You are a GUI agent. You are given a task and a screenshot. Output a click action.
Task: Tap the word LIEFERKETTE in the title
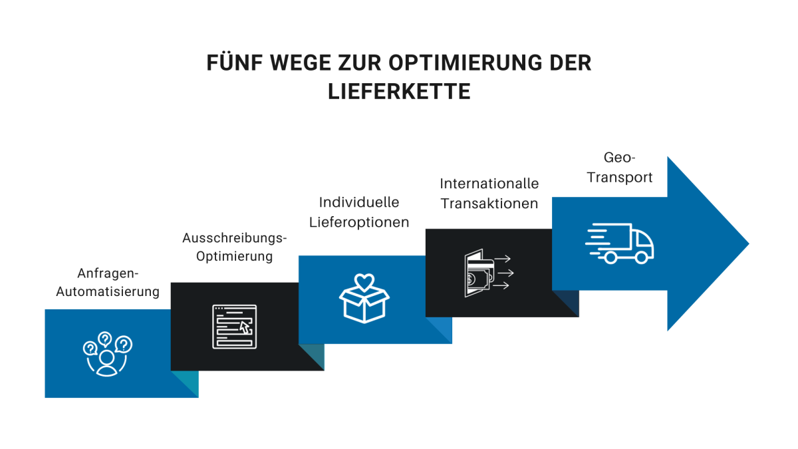399,91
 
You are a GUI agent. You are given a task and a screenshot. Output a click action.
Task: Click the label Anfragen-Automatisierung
108,283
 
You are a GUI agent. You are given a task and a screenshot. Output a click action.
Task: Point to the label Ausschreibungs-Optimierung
235,247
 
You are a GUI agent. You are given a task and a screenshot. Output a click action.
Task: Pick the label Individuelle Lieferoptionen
359,212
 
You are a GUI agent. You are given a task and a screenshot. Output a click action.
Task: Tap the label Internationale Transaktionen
489,194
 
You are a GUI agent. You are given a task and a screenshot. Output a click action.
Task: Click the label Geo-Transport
620,168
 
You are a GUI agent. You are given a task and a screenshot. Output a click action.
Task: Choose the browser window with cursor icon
234,326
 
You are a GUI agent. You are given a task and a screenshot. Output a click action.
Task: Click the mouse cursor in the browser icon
245,327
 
